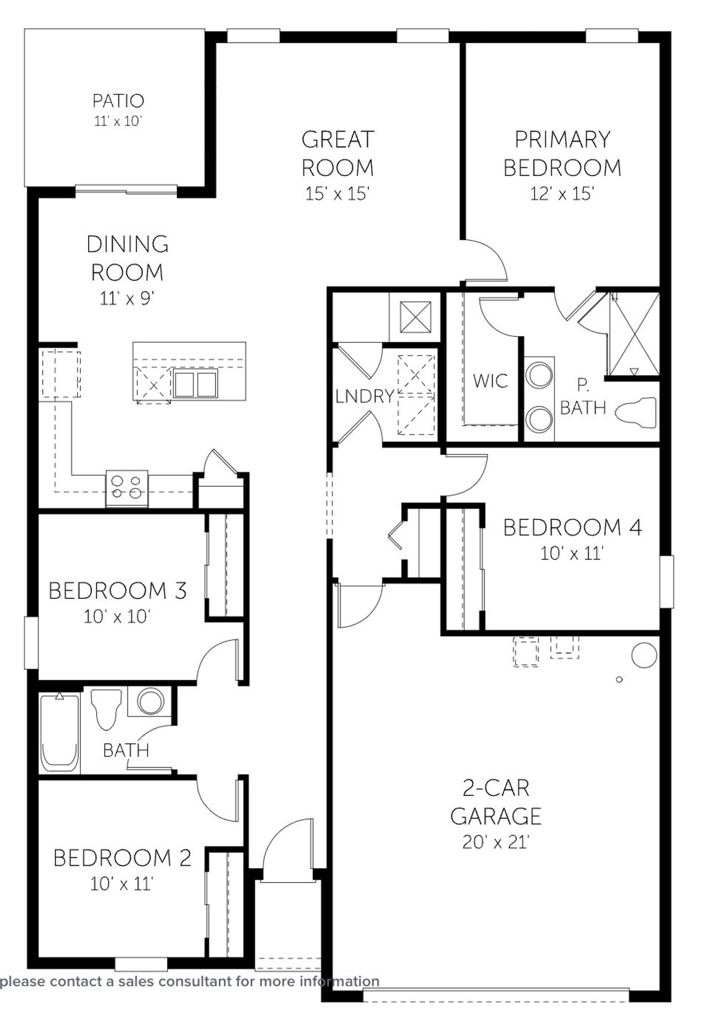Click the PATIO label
pos(118,101)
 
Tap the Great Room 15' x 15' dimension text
pos(337,194)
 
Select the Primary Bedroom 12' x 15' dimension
pos(562,194)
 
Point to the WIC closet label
pos(490,381)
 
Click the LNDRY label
pos(364,396)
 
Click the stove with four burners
pos(127,488)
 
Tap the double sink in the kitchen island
pos(195,384)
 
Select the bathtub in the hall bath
pos(59,733)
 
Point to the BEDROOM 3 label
pos(117,591)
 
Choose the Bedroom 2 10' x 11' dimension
pos(121,883)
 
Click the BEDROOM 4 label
pos(572,527)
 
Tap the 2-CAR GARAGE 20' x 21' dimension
pos(496,842)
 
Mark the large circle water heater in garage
pos(644,655)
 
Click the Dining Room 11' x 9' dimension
pos(127,299)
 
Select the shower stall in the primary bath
pos(634,334)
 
